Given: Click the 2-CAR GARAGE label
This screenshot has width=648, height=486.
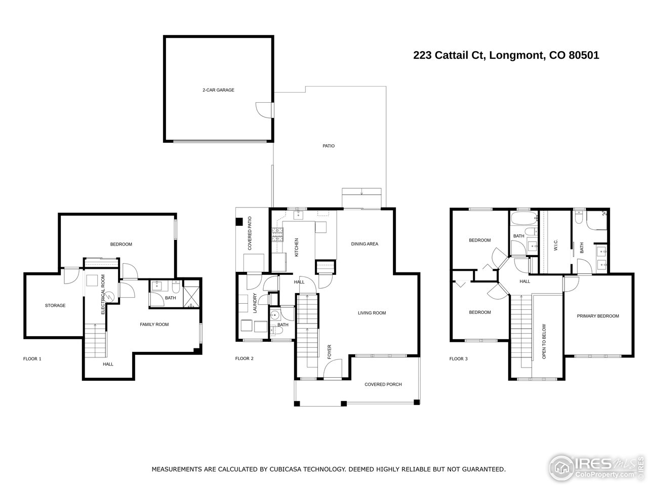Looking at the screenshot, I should point(218,90).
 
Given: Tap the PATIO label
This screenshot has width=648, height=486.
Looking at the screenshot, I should point(329,146).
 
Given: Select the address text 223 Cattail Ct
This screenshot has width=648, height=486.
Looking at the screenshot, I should point(449,56).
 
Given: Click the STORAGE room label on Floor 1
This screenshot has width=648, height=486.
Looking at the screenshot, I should point(55,305).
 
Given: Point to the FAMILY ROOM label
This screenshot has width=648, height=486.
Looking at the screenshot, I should point(154,325).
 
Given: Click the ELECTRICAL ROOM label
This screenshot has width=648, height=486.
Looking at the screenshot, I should point(103,294).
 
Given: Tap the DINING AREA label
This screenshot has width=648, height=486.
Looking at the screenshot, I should point(364,244).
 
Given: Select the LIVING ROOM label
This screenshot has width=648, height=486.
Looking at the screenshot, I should point(372,313).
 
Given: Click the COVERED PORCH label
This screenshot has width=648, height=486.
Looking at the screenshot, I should point(383,384).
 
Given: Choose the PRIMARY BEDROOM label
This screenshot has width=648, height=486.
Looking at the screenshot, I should point(598,316).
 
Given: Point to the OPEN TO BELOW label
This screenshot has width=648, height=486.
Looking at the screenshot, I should point(544,342).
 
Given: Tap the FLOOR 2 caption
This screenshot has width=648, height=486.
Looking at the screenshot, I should point(245,358).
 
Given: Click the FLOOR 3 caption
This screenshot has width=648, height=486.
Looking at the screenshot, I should point(459,359).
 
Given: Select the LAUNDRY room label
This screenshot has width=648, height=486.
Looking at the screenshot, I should point(255,304).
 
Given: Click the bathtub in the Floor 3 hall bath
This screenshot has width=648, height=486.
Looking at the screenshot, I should point(523,219).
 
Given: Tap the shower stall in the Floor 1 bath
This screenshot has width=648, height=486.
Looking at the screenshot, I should point(191,297).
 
